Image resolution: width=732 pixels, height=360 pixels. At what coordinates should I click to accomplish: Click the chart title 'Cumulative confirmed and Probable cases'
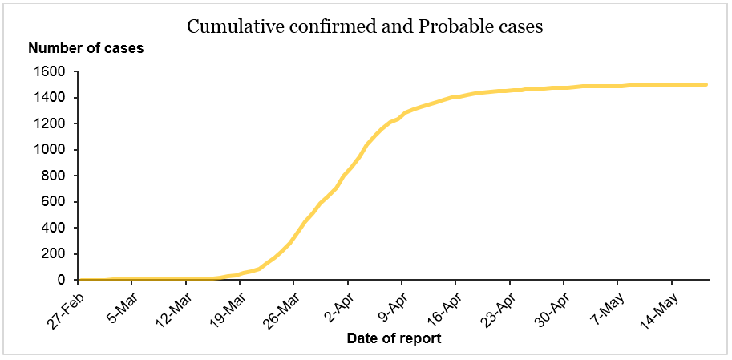(365, 26)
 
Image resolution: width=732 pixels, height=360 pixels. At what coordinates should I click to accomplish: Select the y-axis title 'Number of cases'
(86, 48)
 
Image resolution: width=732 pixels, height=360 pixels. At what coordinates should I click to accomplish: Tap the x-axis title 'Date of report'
(394, 338)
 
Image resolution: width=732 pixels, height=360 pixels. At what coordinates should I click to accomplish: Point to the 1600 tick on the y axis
(49, 72)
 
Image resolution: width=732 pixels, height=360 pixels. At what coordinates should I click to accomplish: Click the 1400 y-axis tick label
(49, 98)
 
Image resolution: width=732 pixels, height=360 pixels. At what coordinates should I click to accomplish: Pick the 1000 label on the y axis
(49, 150)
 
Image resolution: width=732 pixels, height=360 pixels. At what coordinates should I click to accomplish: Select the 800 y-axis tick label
(53, 176)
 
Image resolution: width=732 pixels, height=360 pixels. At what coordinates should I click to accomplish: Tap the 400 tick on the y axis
(53, 228)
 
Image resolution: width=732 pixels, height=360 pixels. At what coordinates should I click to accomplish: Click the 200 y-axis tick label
(53, 254)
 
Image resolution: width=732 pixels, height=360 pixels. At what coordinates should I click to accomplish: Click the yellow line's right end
(706, 84)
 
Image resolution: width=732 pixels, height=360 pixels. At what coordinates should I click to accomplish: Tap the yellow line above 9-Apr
(402, 114)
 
